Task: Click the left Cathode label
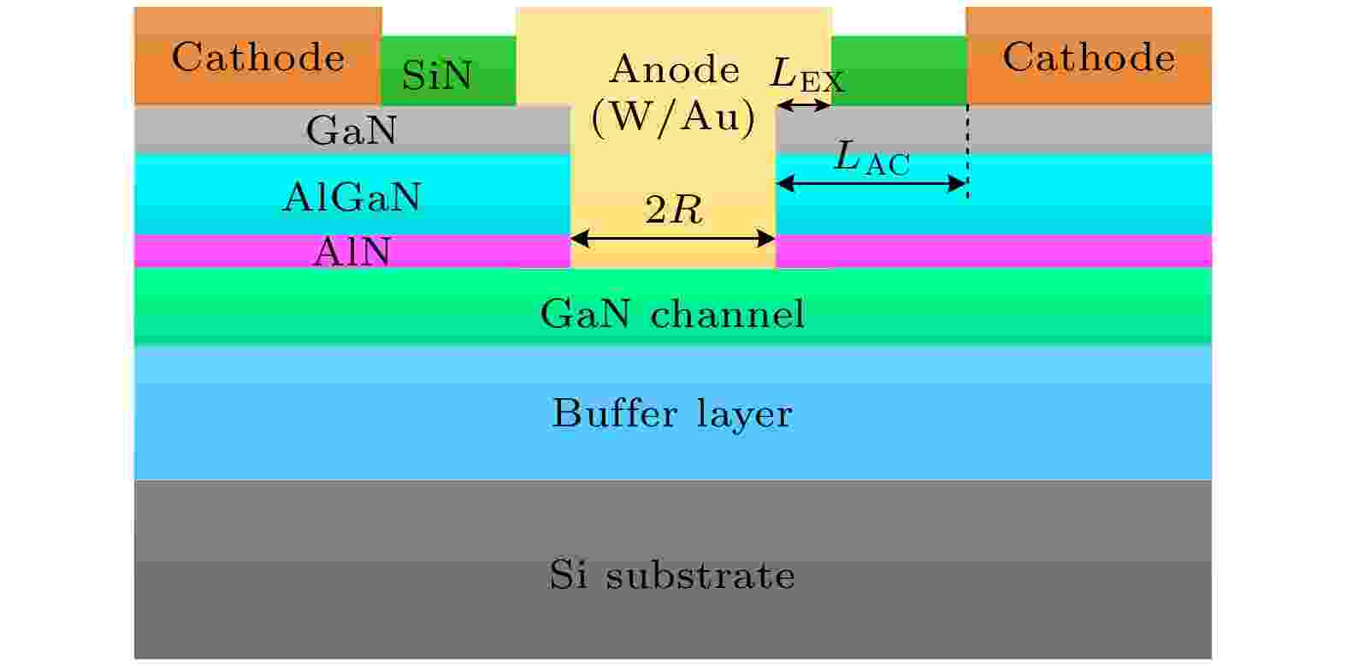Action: tap(258, 58)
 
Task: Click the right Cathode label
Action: tap(1089, 58)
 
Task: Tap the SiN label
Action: tap(437, 75)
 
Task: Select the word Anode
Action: tap(674, 69)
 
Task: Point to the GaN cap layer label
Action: tap(352, 130)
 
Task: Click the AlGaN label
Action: tap(352, 197)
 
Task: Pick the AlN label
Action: tap(352, 251)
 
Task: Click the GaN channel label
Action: tap(672, 313)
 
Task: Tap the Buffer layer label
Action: tap(672, 414)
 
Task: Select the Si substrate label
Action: tap(671, 574)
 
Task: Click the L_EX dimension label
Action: tap(807, 74)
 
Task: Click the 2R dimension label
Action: tap(674, 211)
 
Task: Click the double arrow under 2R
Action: tap(673, 239)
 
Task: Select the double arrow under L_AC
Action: tap(871, 183)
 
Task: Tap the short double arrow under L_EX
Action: tap(804, 106)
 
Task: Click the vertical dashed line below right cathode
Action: tap(967, 152)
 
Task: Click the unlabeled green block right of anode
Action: tap(899, 70)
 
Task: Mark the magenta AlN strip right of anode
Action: tap(994, 251)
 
